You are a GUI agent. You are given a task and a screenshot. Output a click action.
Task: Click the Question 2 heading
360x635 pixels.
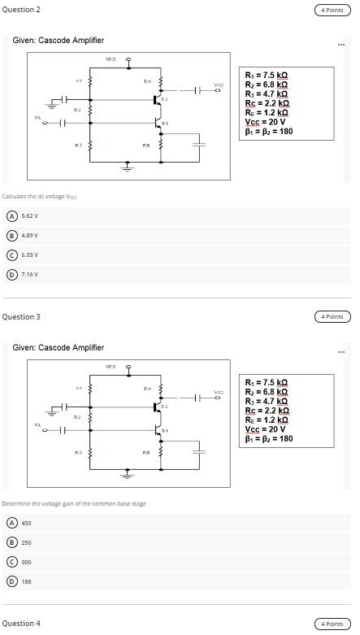coord(21,10)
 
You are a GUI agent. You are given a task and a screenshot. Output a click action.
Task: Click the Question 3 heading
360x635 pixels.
coord(21,316)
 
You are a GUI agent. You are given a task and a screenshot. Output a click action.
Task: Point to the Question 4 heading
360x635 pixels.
coord(21,624)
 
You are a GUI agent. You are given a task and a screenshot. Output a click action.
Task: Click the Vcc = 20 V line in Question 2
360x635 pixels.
coord(265,120)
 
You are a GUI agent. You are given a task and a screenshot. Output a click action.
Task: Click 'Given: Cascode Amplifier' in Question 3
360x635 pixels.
coord(59,347)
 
